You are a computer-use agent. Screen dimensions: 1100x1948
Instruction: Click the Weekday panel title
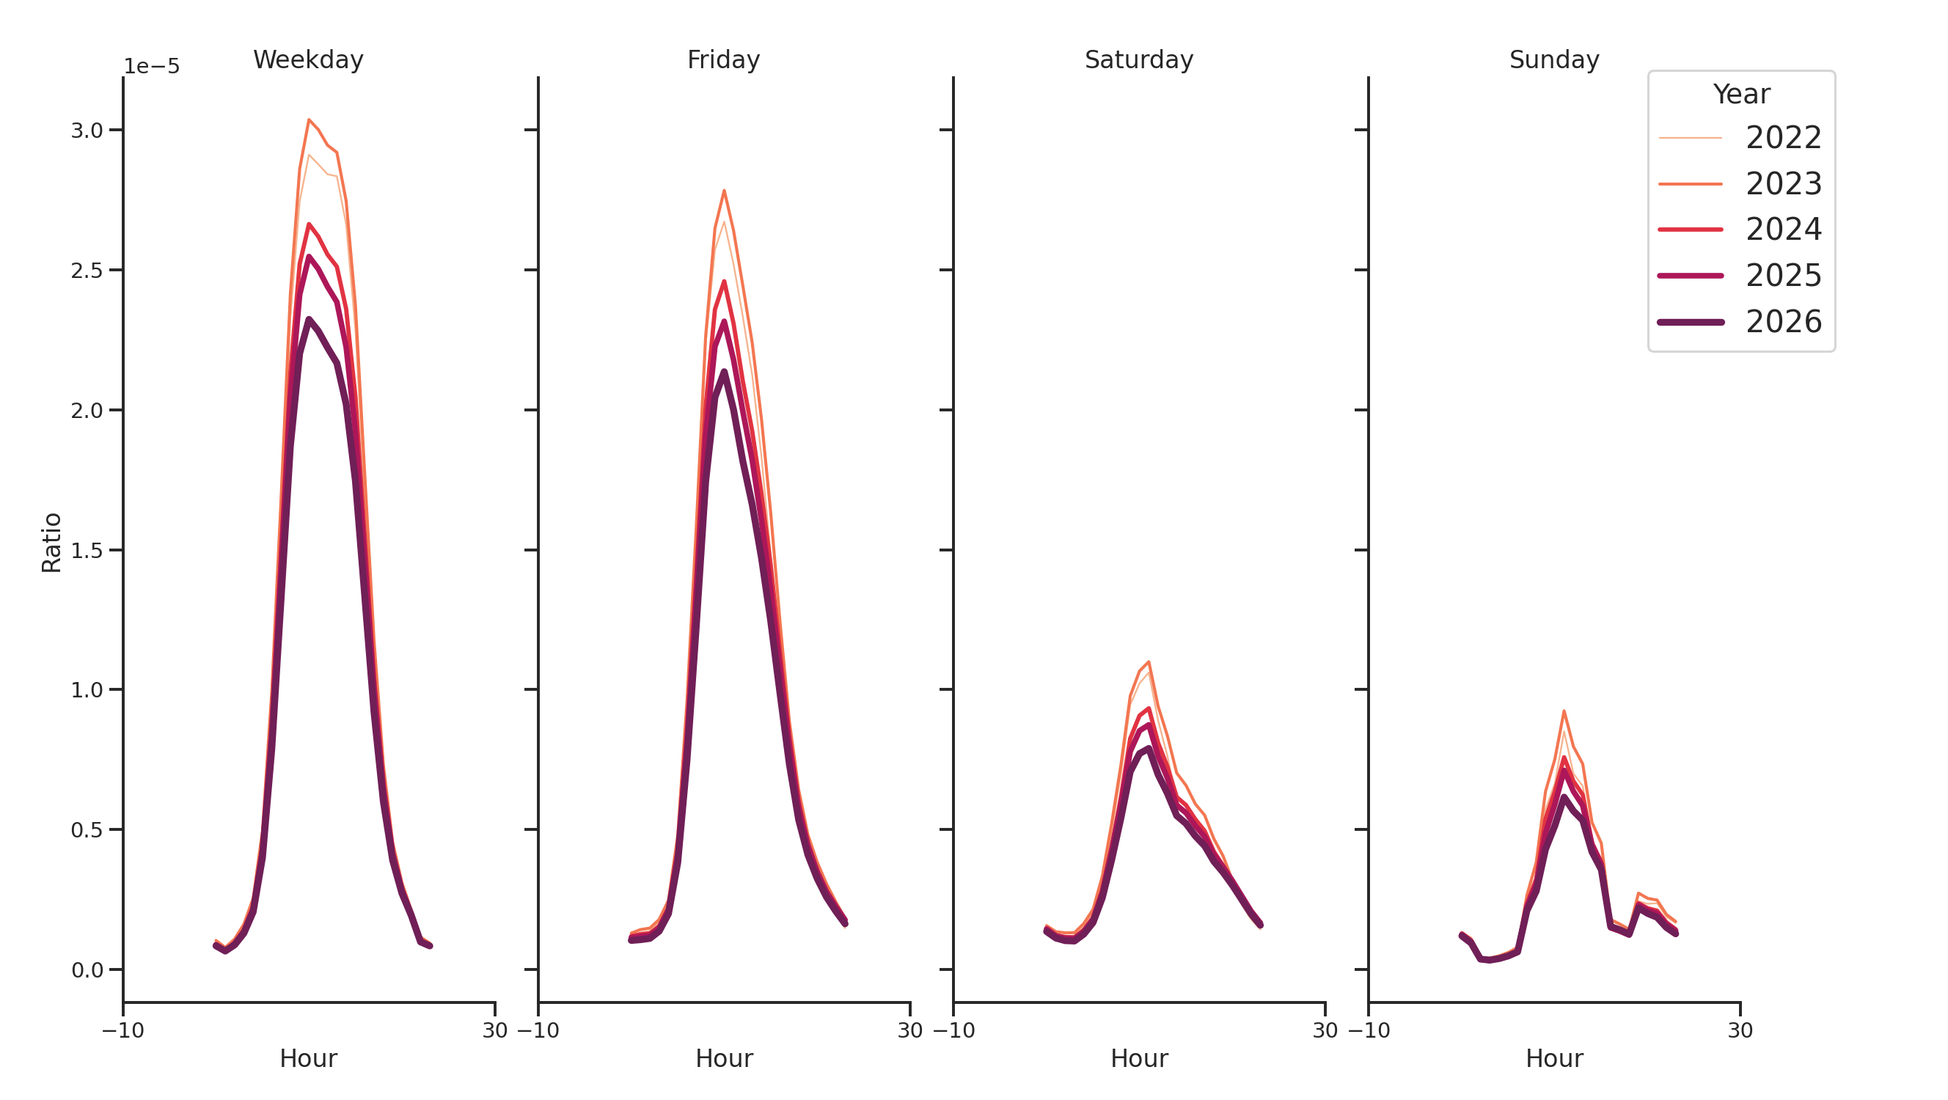pyautogui.click(x=308, y=59)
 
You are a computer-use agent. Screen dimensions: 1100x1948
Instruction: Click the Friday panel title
pyautogui.click(x=723, y=59)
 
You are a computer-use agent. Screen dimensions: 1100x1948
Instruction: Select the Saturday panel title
pyautogui.click(x=1138, y=59)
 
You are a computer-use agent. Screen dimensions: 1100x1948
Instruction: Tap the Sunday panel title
pyautogui.click(x=1553, y=59)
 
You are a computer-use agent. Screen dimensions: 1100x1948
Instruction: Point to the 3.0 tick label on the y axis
pyautogui.click(x=87, y=130)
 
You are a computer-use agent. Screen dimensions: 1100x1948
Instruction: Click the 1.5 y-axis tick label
pyautogui.click(x=87, y=551)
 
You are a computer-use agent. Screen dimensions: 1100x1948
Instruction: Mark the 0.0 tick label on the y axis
pyautogui.click(x=87, y=970)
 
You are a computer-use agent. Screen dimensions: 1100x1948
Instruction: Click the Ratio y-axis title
pyautogui.click(x=51, y=542)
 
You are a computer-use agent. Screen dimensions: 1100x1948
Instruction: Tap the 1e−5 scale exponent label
pyautogui.click(x=151, y=67)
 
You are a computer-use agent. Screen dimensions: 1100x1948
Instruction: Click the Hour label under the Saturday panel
pyautogui.click(x=1138, y=1058)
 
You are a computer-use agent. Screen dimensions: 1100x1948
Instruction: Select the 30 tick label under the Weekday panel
pyautogui.click(x=494, y=1030)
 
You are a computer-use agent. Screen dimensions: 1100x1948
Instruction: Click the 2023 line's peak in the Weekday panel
pyautogui.click(x=309, y=120)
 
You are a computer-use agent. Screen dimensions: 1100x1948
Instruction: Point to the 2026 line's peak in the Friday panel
pyautogui.click(x=724, y=371)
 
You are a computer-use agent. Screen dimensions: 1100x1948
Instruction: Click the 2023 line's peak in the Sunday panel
pyautogui.click(x=1563, y=711)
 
